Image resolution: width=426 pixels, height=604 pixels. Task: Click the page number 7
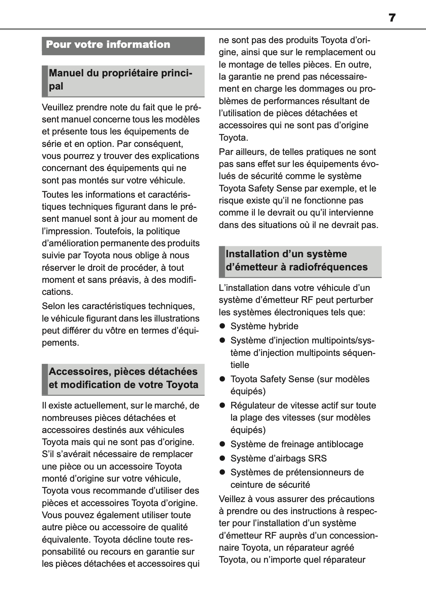(x=392, y=18)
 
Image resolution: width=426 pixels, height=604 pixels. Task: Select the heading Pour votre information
(x=108, y=45)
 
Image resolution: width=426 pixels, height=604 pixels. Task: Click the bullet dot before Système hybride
(x=222, y=326)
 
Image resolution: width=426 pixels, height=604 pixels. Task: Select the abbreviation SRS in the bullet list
(x=318, y=458)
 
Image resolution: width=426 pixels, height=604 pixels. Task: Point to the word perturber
(x=355, y=300)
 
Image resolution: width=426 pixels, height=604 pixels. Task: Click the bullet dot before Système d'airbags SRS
(x=222, y=458)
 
